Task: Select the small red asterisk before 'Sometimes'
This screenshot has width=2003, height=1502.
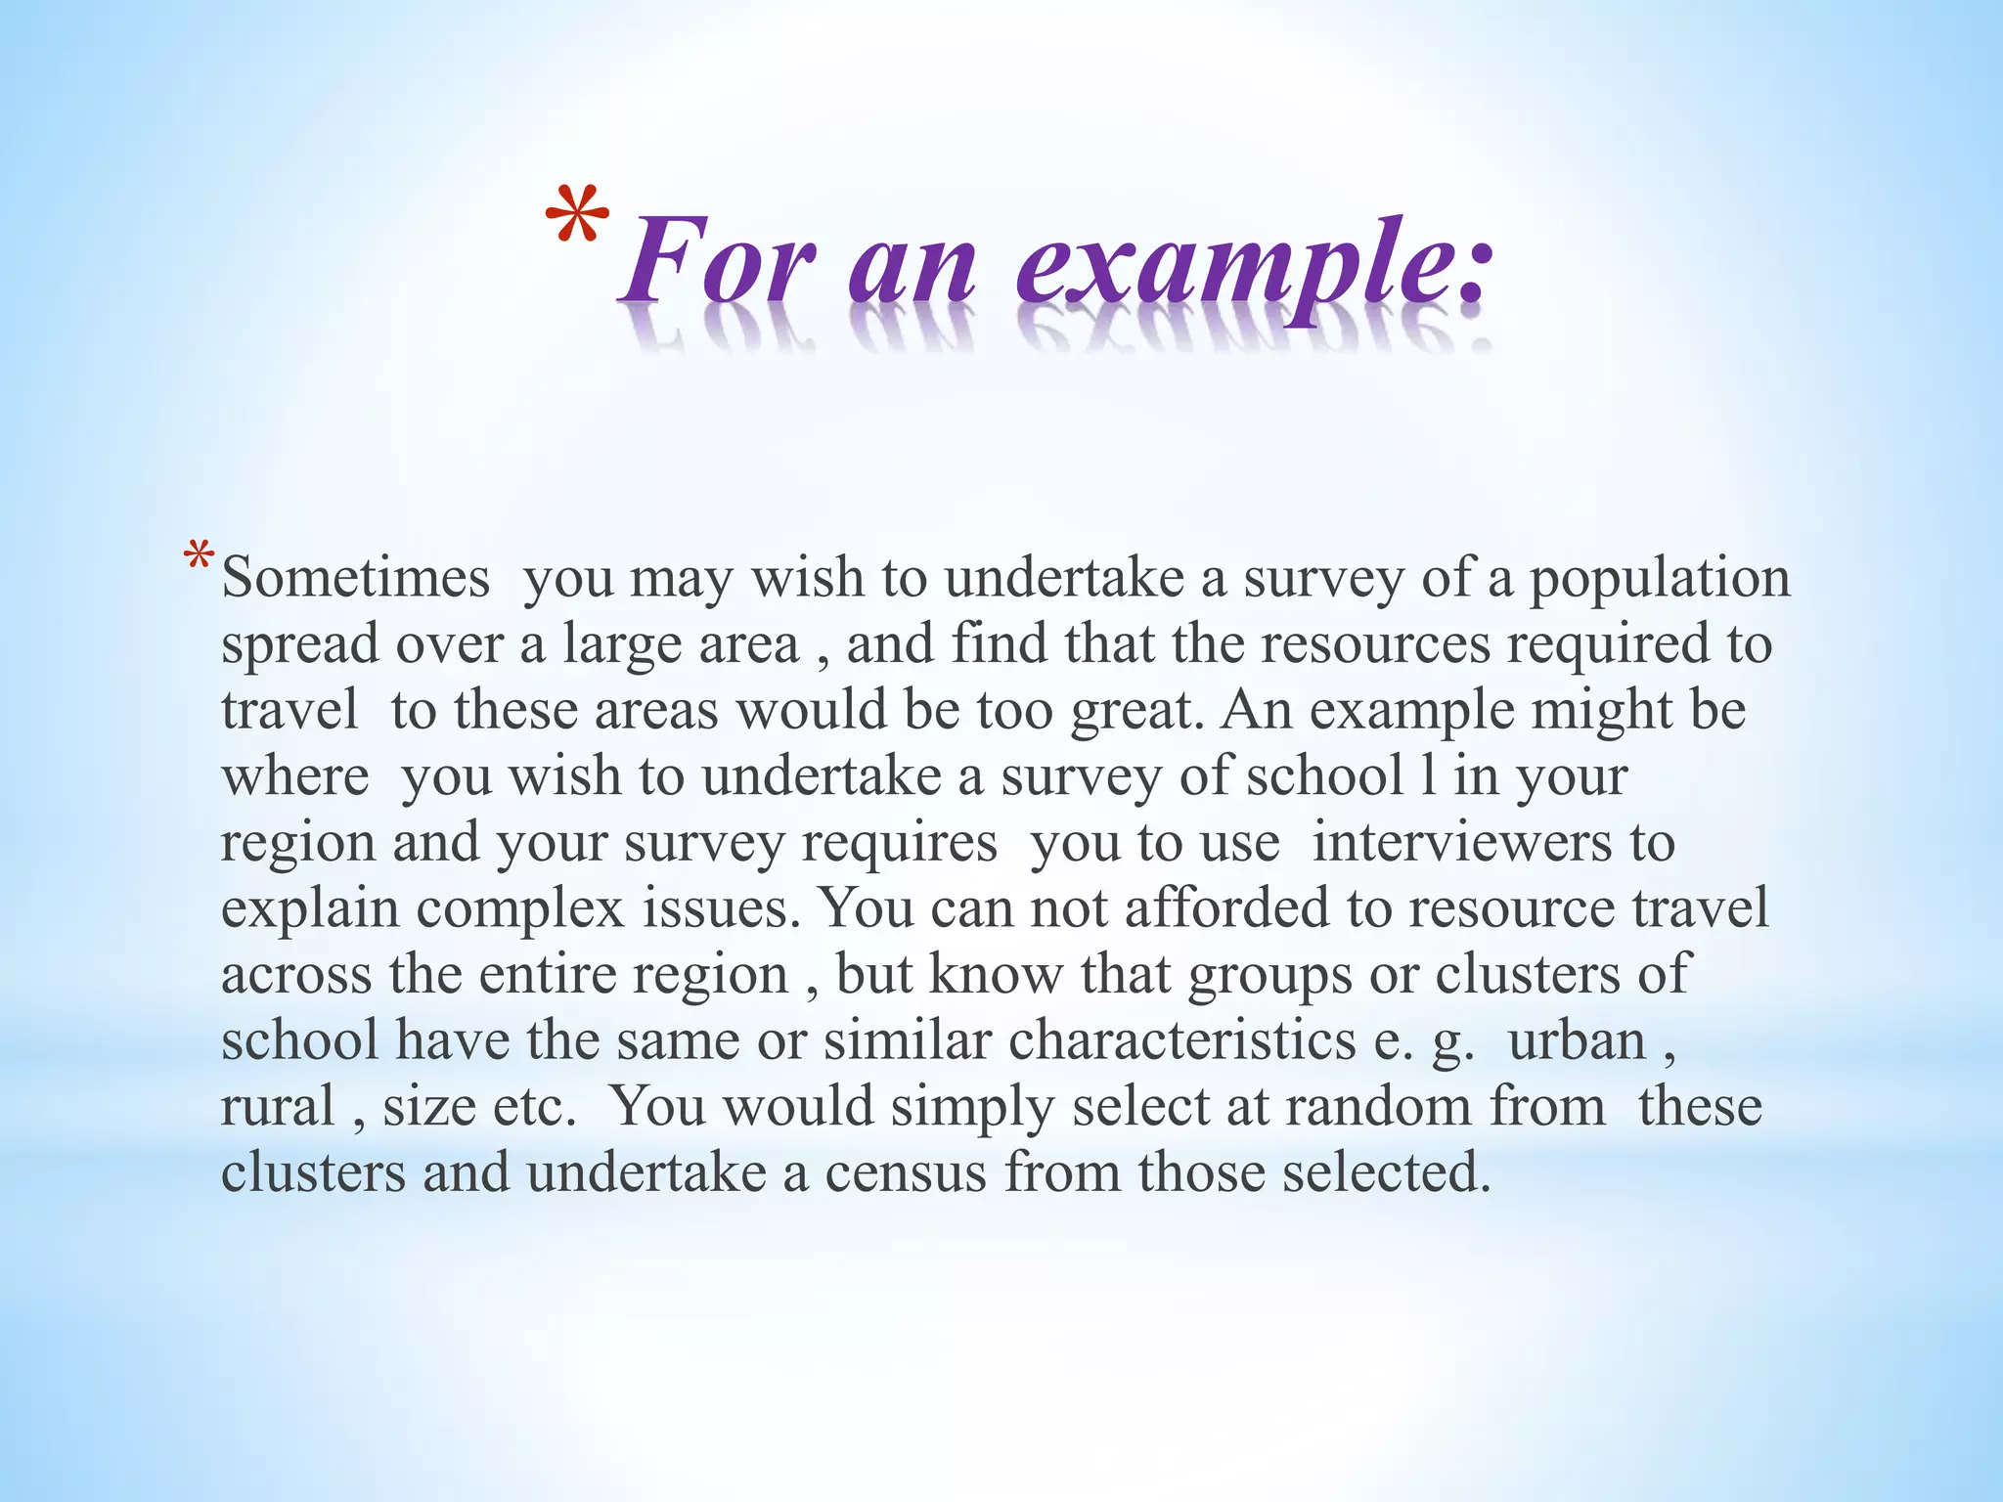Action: point(199,560)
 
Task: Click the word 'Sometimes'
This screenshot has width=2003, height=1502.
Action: point(356,578)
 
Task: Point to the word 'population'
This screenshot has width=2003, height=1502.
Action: point(1660,578)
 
